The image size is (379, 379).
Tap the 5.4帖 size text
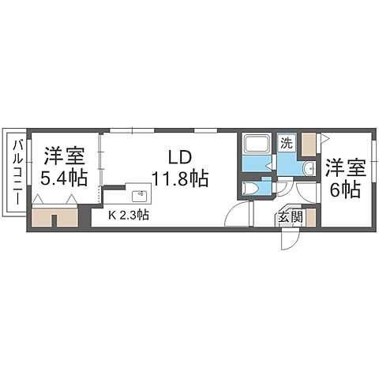(x=65, y=178)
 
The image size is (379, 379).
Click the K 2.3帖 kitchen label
(x=130, y=215)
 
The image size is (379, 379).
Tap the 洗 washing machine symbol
(x=289, y=144)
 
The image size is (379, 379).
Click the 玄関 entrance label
(x=287, y=218)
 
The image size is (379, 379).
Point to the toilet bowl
(x=251, y=188)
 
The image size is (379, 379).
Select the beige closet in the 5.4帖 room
(x=55, y=217)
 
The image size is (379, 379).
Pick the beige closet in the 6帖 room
(x=308, y=144)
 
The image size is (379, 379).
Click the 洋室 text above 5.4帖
(x=65, y=154)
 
